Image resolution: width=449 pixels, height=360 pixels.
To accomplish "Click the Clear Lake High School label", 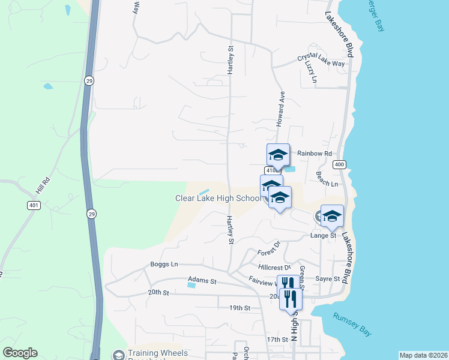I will click(x=218, y=198).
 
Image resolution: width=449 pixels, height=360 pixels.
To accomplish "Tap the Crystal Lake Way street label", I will click(x=321, y=60).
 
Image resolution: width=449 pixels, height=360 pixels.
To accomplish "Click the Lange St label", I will click(x=324, y=236).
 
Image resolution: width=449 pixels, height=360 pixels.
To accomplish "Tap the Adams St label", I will click(x=201, y=280).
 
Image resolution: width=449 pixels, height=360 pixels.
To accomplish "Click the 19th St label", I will click(x=239, y=308).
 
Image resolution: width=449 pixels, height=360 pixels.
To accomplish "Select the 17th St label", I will click(x=277, y=340).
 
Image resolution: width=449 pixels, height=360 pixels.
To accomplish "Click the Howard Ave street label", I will click(x=280, y=108).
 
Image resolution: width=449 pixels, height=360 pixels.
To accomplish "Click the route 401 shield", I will click(x=33, y=205).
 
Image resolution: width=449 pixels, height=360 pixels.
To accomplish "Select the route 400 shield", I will click(x=340, y=164).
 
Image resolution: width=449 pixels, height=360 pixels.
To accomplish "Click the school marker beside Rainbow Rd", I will click(x=278, y=155).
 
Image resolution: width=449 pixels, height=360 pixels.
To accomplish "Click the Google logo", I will click(x=20, y=353).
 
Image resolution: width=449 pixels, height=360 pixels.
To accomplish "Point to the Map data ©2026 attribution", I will click(x=423, y=355).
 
